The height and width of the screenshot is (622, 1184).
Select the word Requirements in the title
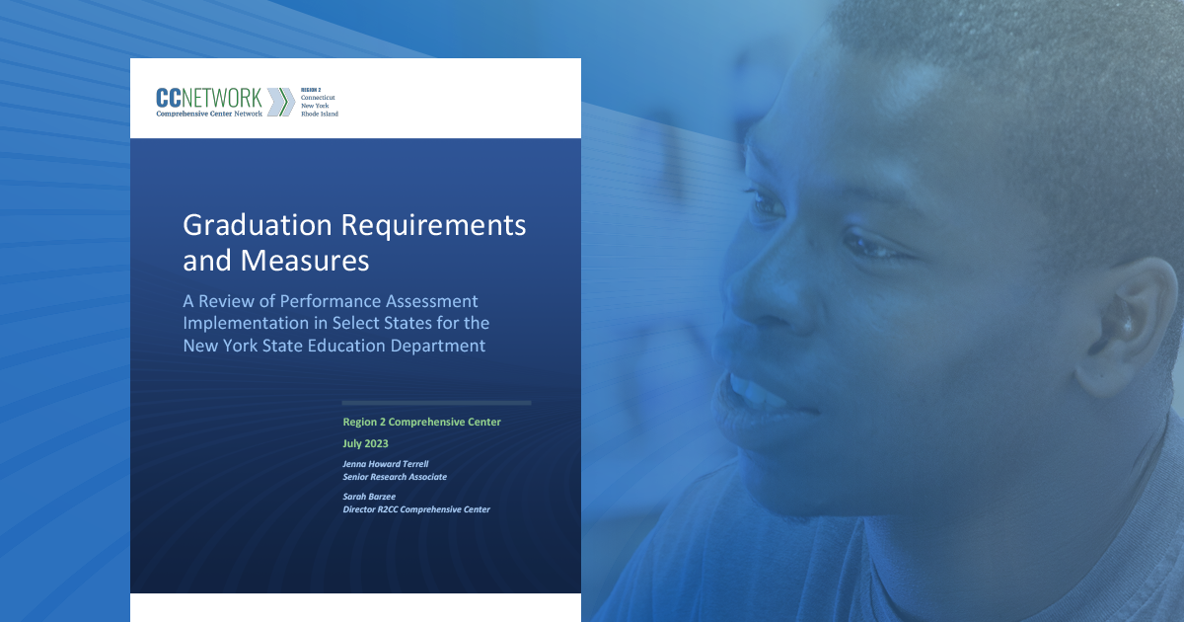point(434,226)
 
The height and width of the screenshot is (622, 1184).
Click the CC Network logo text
point(209,98)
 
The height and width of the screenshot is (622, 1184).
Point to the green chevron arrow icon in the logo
point(280,102)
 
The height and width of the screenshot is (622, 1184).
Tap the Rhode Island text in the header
point(320,114)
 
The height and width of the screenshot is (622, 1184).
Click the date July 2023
point(365,443)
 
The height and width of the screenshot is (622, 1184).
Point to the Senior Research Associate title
point(395,476)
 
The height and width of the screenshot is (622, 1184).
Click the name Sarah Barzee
point(368,496)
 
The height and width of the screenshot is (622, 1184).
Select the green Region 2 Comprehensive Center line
point(421,422)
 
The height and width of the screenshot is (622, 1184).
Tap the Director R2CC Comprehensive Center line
point(416,509)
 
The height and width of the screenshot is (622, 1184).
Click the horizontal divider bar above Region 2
point(436,403)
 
